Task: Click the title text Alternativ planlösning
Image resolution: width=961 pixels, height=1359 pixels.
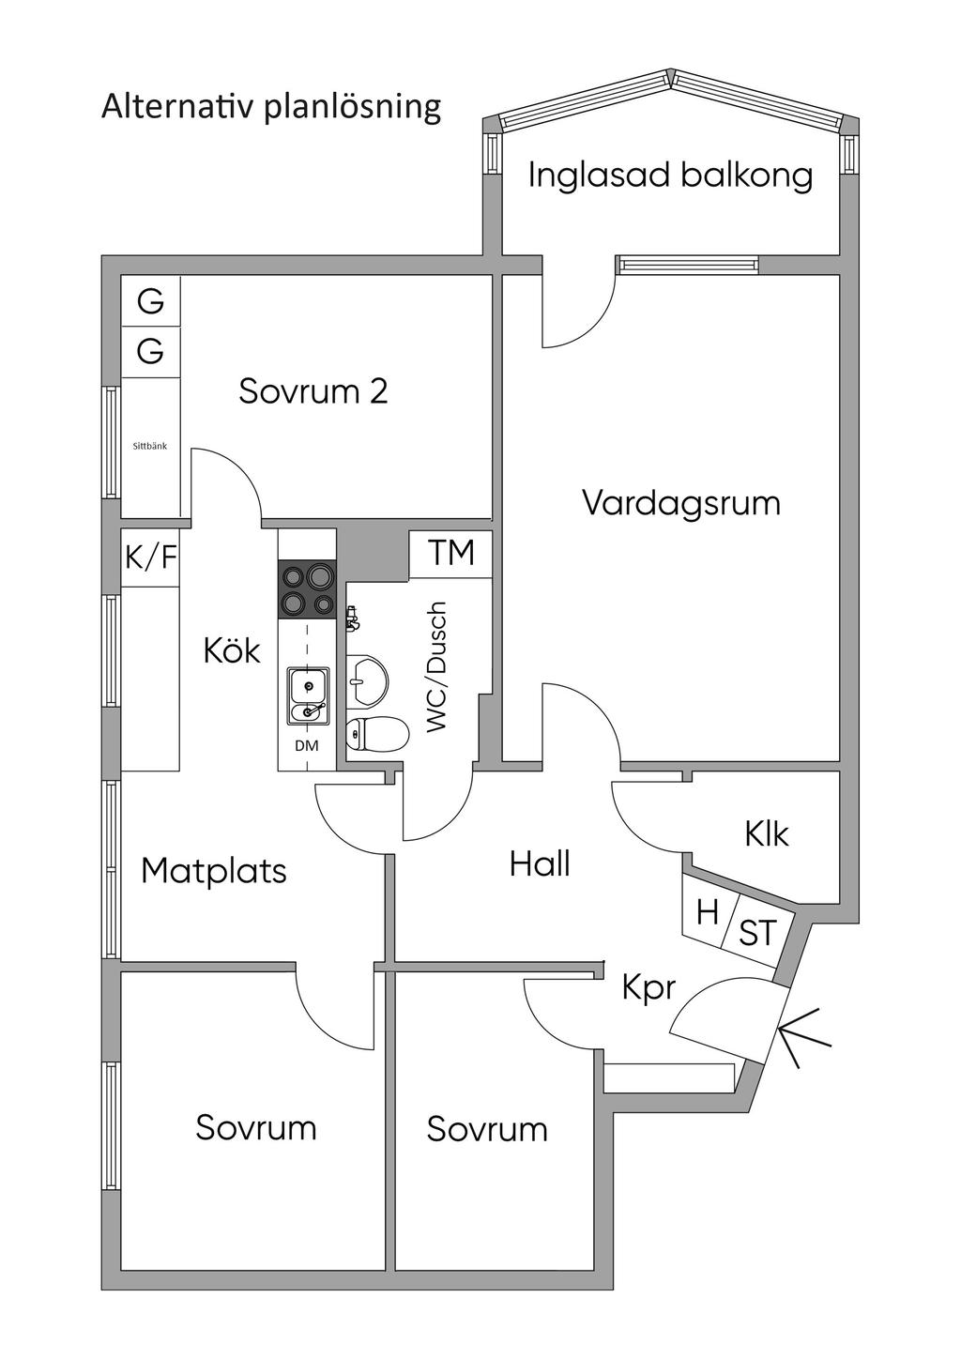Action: tap(270, 107)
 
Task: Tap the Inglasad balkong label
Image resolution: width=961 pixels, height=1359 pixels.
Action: tap(670, 176)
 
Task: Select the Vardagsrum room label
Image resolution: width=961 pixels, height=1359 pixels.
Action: tap(681, 503)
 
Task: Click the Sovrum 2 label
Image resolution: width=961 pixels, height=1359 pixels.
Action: tap(313, 390)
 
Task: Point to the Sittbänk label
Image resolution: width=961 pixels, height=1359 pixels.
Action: tap(150, 447)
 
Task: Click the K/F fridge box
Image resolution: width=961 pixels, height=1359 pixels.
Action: tap(150, 557)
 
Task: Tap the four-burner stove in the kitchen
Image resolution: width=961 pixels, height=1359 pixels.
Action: tap(306, 589)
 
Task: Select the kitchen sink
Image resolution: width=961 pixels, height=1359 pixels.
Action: tap(308, 695)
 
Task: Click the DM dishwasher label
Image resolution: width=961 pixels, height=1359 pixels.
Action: tap(306, 746)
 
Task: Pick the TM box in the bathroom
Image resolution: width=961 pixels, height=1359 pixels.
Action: tap(451, 554)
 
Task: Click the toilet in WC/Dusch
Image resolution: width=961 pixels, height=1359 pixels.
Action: tap(375, 734)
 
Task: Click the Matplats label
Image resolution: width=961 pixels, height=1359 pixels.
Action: tap(214, 871)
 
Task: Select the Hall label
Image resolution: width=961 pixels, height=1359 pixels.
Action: tap(540, 863)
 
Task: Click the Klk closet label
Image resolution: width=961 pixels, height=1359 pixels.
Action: tap(767, 833)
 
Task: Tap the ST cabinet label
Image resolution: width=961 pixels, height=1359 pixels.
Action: tap(757, 933)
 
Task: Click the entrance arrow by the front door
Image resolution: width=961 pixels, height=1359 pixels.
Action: tap(803, 1038)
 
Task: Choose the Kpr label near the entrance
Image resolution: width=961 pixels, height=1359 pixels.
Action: tap(649, 988)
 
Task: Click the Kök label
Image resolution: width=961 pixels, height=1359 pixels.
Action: tap(232, 650)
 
